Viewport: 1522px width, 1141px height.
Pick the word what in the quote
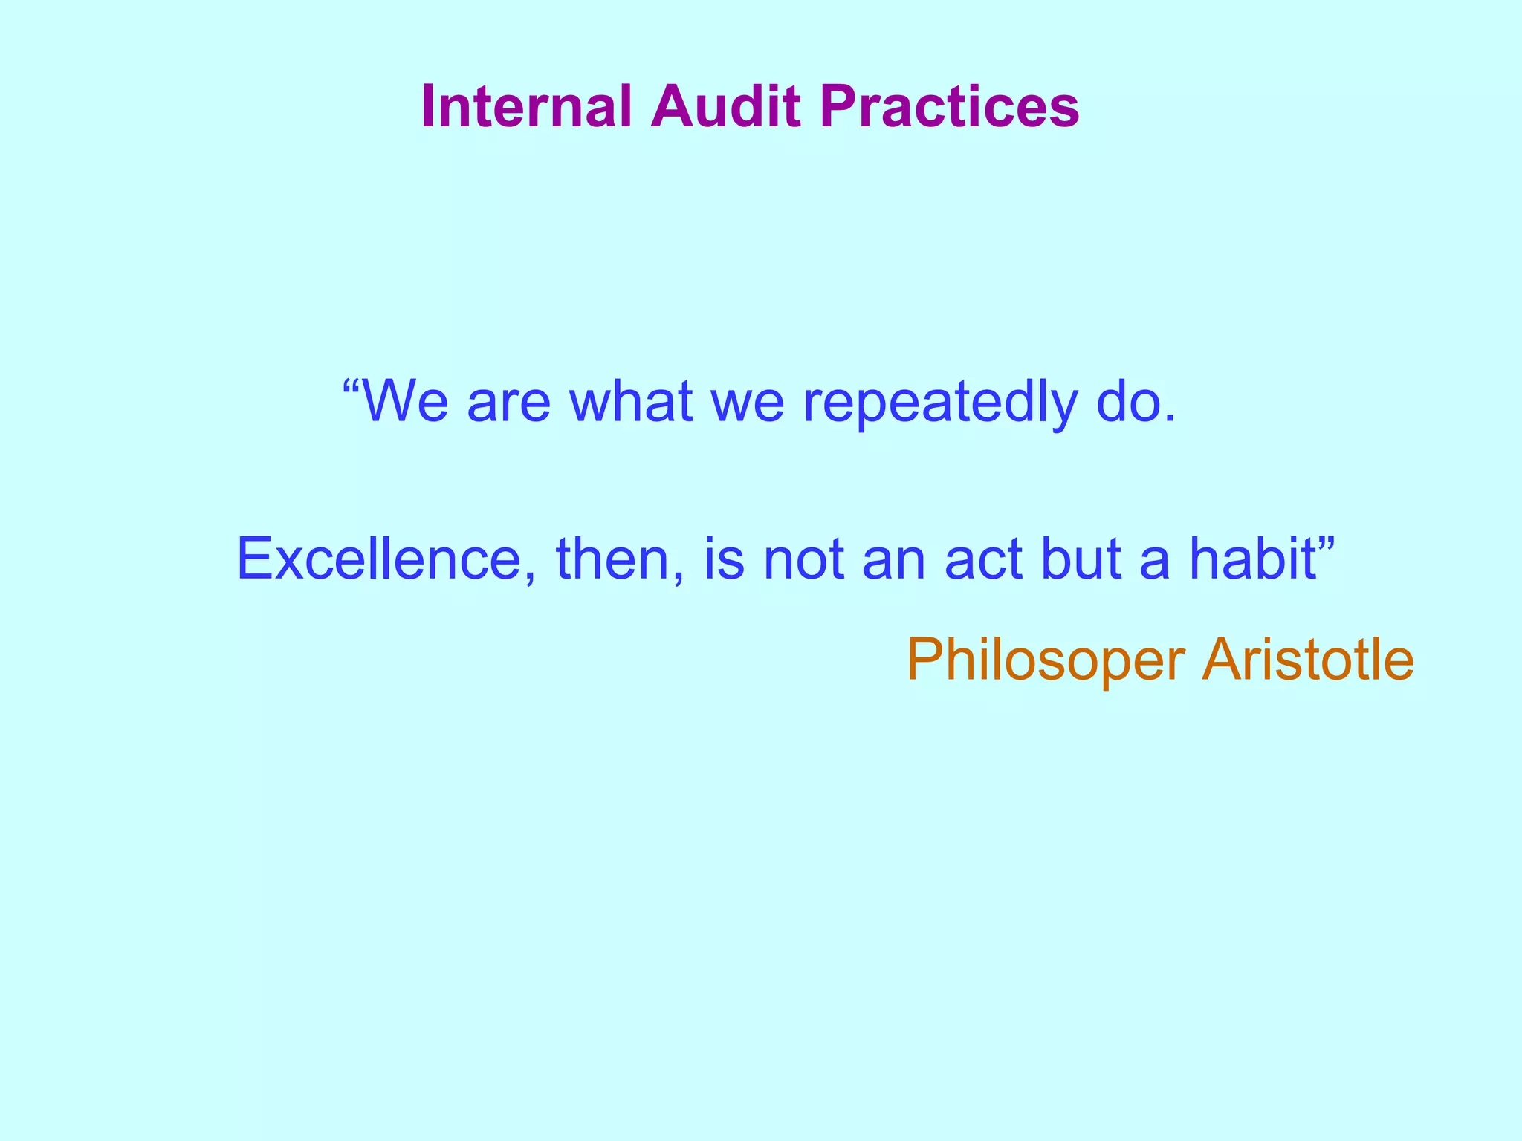(x=630, y=401)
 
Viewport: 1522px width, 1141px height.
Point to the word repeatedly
(x=939, y=403)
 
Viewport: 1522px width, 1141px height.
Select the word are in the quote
(x=508, y=403)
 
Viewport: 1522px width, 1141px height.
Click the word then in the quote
(x=612, y=559)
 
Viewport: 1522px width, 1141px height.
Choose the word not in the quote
(x=803, y=559)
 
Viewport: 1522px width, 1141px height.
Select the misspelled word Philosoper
(x=1046, y=660)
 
